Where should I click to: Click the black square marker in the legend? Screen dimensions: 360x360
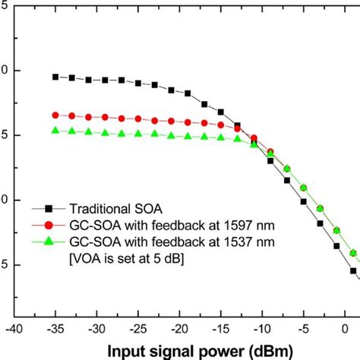[x=49, y=207]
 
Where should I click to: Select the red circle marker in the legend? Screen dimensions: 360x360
[x=49, y=226]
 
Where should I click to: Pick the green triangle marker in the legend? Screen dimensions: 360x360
[x=49, y=243]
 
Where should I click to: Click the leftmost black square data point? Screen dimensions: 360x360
[x=55, y=77]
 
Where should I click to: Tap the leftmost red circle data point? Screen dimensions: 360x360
[x=55, y=115]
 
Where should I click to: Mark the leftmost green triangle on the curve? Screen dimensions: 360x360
[x=55, y=131]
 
